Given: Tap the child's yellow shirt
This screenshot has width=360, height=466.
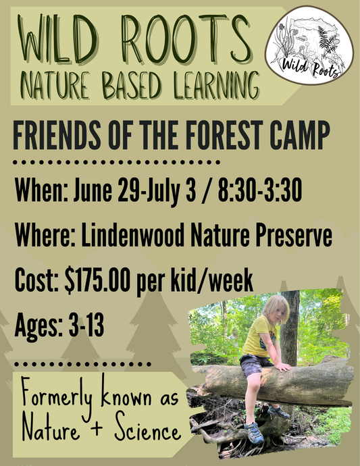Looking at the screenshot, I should point(260,338).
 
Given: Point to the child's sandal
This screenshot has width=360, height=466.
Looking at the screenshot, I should point(254,433).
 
